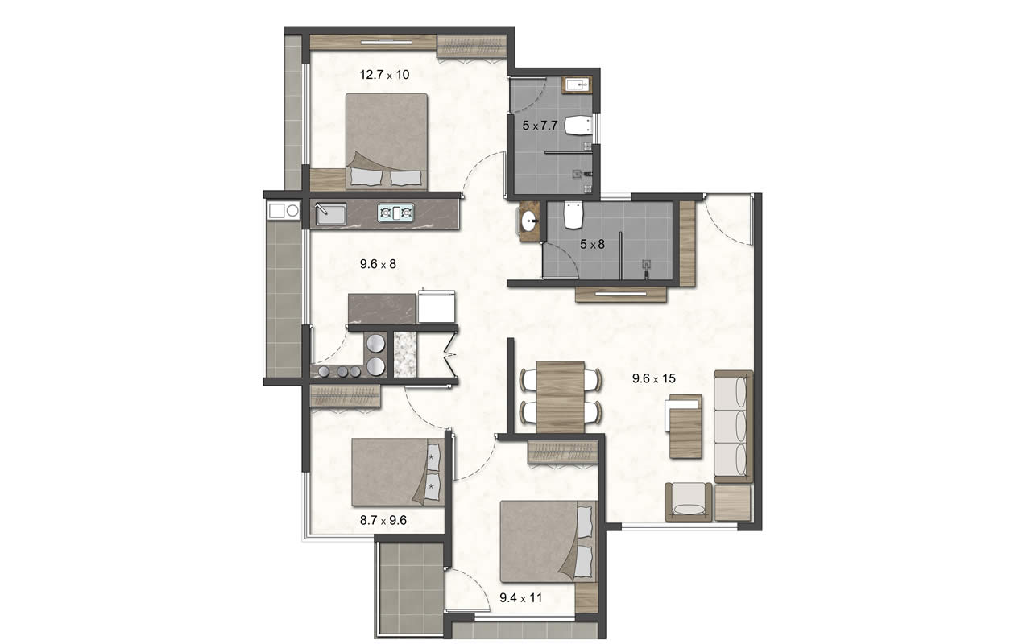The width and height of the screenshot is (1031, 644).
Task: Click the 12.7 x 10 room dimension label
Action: pos(384,75)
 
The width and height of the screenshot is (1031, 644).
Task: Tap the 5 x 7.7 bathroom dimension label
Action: pos(540,125)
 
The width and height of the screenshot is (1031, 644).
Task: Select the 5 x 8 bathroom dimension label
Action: pos(592,244)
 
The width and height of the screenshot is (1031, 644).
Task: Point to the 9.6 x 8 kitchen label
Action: pos(378,264)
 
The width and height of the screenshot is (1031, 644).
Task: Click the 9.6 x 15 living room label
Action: pos(653,378)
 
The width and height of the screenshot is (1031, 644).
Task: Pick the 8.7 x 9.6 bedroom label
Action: pos(383,520)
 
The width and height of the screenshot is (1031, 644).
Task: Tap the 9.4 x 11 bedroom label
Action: pos(520,598)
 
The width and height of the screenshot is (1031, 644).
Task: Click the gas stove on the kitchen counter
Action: pos(395,213)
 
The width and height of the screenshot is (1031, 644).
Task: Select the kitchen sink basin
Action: pos(331,214)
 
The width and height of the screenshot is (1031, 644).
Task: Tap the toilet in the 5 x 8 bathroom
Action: pos(573,215)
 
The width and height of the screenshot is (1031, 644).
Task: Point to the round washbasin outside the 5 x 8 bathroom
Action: pos(530,221)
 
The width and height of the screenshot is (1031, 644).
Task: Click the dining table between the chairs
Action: pos(561,398)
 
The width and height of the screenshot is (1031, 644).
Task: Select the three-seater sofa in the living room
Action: pos(733,427)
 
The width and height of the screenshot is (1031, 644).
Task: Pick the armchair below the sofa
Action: pos(688,502)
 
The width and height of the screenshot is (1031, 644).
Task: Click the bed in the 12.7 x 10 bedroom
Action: pos(386,142)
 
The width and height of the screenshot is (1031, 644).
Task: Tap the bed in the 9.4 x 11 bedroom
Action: pos(548,542)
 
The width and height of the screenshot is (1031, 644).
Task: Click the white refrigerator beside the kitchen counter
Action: pos(437,306)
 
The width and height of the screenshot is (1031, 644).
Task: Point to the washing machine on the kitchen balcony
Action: pos(284,211)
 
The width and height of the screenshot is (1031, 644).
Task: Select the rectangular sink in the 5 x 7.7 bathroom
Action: pos(577,85)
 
